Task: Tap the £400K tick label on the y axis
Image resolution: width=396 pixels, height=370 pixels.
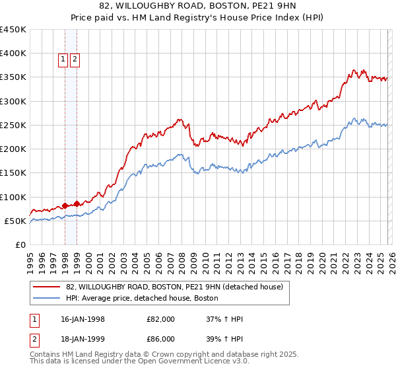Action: tap(13, 54)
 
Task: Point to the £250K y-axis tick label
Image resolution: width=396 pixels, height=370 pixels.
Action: tap(13, 125)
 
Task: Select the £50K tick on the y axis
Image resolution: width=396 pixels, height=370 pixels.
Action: tap(16, 221)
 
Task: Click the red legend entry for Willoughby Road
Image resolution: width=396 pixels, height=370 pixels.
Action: tap(174, 287)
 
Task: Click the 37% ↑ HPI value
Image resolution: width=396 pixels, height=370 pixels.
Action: tap(224, 319)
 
